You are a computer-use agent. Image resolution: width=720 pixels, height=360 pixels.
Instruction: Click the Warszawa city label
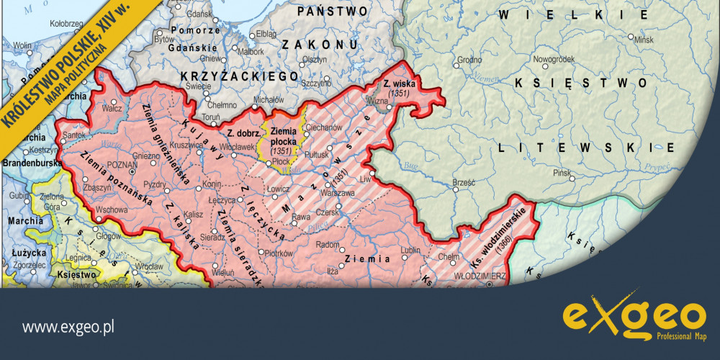(338, 193)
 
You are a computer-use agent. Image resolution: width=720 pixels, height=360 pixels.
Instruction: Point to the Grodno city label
(469, 59)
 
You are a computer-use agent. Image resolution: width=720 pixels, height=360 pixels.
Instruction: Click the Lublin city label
(410, 250)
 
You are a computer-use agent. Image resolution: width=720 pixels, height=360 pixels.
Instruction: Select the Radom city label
(328, 245)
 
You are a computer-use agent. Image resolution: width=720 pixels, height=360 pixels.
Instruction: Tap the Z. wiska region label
(397, 85)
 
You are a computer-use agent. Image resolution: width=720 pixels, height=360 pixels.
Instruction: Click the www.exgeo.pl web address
(69, 327)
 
